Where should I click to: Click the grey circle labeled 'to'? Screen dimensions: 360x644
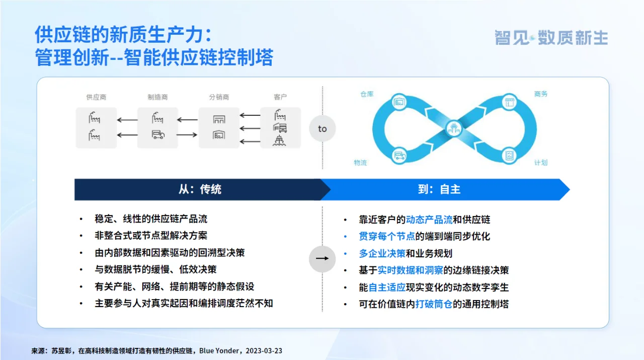tap(322, 128)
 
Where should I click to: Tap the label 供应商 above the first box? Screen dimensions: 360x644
tap(96, 97)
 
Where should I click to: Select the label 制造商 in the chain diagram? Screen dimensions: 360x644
tap(157, 97)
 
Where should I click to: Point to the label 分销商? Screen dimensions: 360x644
tap(219, 97)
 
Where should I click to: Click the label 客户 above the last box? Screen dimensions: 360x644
tap(280, 97)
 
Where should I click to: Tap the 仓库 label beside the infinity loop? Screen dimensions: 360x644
tap(367, 94)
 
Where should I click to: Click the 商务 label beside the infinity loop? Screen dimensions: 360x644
tap(541, 94)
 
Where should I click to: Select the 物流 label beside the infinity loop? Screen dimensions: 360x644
tap(360, 163)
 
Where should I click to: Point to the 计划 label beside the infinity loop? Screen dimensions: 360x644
tap(541, 163)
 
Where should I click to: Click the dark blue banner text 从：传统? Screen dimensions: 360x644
tap(200, 189)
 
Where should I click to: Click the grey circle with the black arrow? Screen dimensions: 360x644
tap(322, 259)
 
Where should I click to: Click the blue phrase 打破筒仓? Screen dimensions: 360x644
tap(434, 304)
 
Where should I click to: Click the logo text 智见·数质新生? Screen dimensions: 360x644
tap(551, 38)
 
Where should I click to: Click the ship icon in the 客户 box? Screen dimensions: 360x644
tap(280, 140)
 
